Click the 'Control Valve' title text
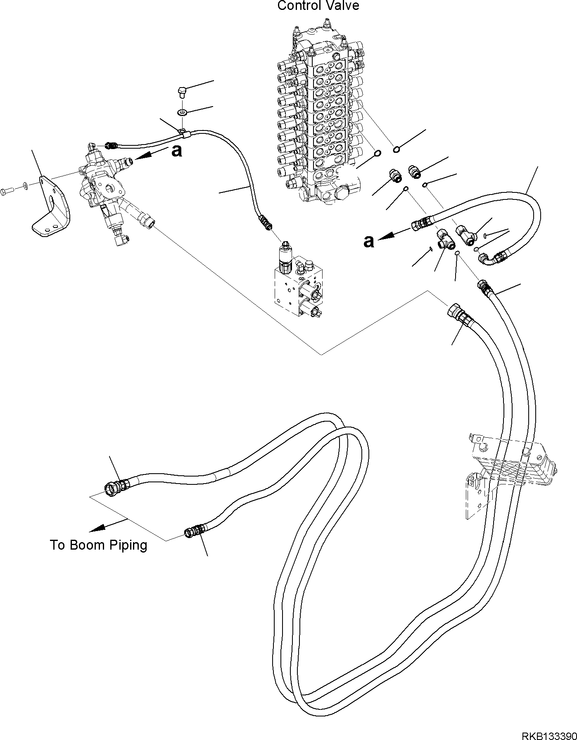tap(318, 6)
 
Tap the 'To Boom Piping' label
tap(98, 545)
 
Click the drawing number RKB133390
tap(549, 733)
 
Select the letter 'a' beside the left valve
tap(176, 151)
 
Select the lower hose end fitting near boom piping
tap(193, 531)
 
